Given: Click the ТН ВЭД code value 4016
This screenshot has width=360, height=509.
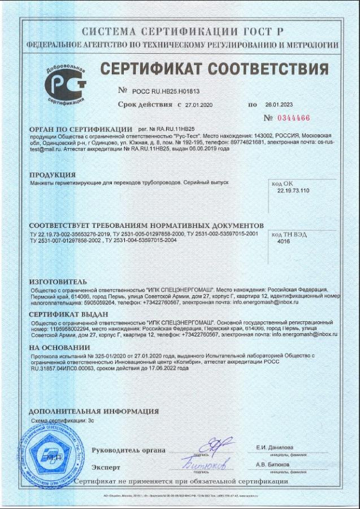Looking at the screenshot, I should click(284, 241).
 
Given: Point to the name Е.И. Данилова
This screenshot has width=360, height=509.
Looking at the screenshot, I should click(274, 447).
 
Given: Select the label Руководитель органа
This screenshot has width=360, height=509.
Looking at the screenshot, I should click(128, 450).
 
